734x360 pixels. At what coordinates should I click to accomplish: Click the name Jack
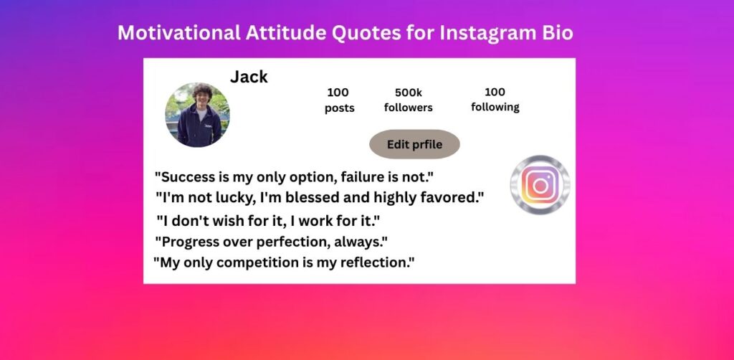(x=249, y=77)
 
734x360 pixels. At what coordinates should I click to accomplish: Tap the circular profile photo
(x=198, y=115)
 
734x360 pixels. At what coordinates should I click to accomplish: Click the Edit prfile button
(x=415, y=144)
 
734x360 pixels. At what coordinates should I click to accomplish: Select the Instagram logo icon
(x=540, y=185)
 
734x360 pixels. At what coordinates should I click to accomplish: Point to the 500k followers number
(x=408, y=93)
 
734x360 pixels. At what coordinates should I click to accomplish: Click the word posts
(x=339, y=108)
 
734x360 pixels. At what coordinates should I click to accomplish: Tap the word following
(x=495, y=108)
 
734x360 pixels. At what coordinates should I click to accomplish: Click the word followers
(x=408, y=108)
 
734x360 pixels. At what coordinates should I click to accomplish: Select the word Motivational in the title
(x=178, y=33)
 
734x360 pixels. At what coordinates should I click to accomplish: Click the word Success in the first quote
(x=187, y=177)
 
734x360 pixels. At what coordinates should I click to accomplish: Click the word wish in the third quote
(x=227, y=220)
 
